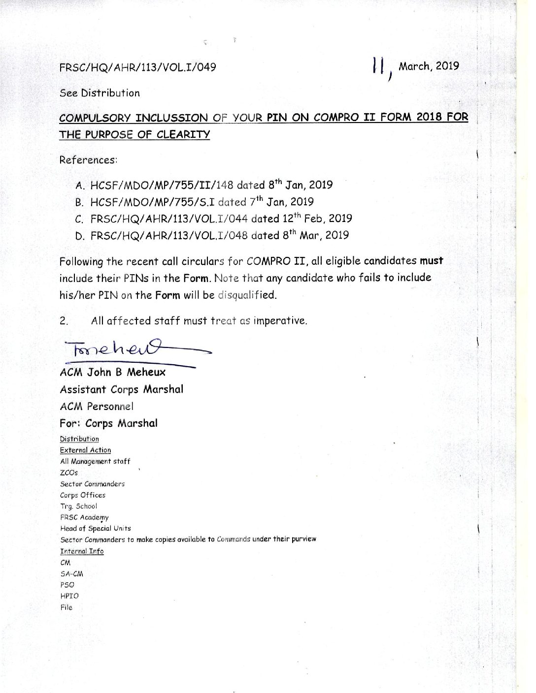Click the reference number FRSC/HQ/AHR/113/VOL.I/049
pyautogui.click(x=137, y=67)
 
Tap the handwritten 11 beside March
pyautogui.click(x=378, y=66)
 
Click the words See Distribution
pyautogui.click(x=100, y=93)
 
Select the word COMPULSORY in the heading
pyautogui.click(x=94, y=118)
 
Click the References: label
pyautogui.click(x=88, y=160)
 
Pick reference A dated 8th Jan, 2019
pyautogui.click(x=204, y=186)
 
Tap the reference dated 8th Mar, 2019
pyautogui.click(x=212, y=235)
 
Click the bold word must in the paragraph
pyautogui.click(x=431, y=261)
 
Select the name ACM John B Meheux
pyautogui.click(x=112, y=373)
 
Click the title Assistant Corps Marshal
pyautogui.click(x=121, y=389)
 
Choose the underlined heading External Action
pyautogui.click(x=85, y=450)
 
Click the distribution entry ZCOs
pyautogui.click(x=69, y=472)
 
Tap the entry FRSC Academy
pyautogui.click(x=84, y=517)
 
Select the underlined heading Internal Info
pyautogui.click(x=82, y=551)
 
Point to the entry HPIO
pyautogui.click(x=69, y=596)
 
